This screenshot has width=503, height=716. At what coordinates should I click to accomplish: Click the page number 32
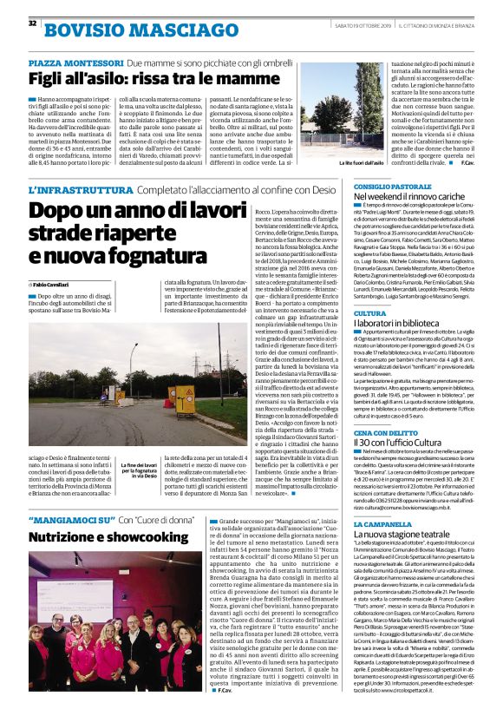click(33, 23)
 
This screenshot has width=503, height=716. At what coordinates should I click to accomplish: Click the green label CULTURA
click(369, 313)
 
